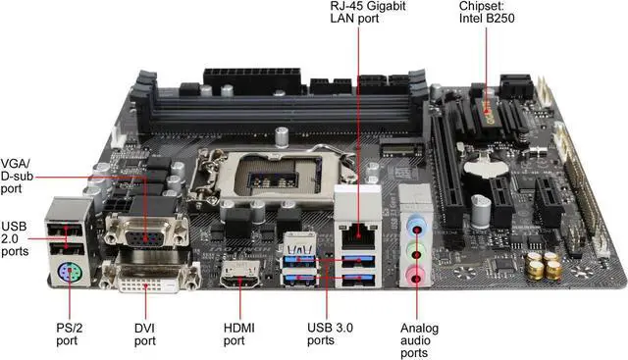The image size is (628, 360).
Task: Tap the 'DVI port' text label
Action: coord(145,334)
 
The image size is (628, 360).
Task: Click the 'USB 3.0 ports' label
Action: coord(332,334)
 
